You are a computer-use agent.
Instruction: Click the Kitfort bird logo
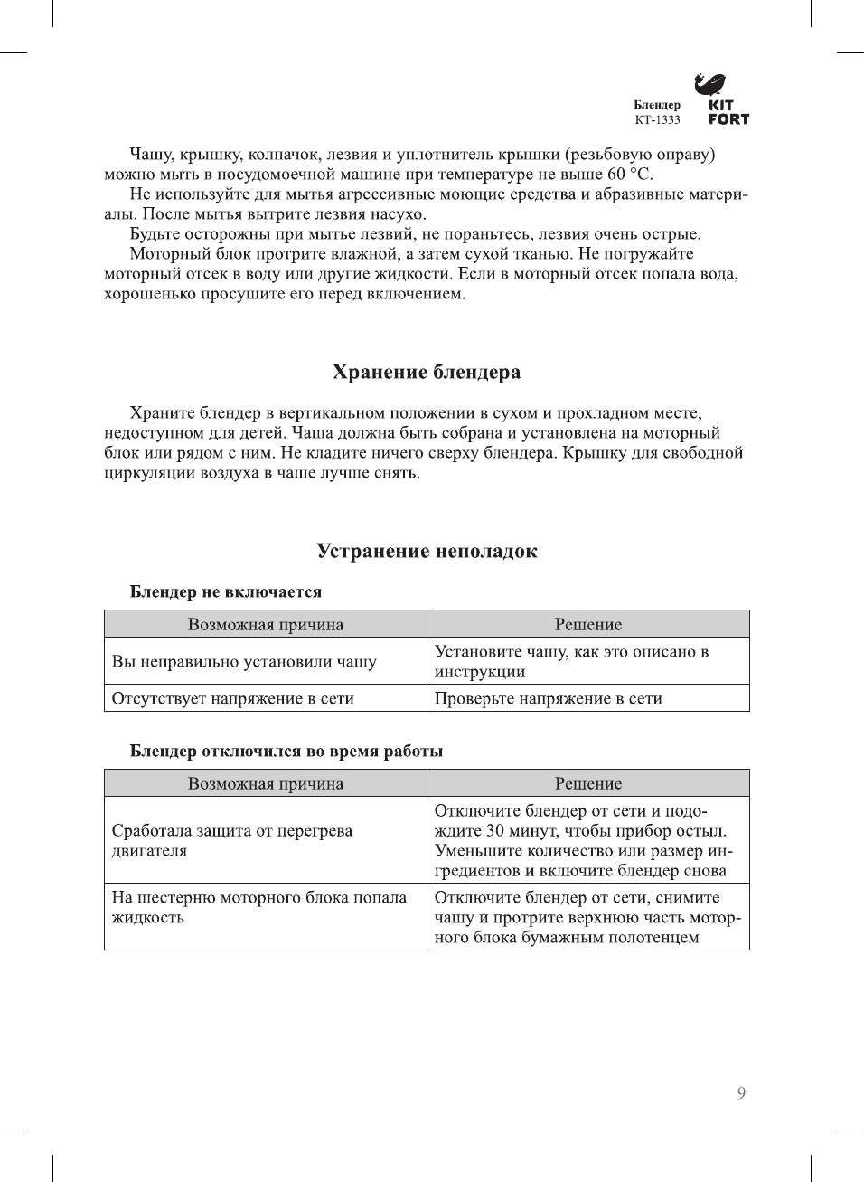709,84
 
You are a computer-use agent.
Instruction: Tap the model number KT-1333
657,119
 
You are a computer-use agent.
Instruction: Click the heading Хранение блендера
427,372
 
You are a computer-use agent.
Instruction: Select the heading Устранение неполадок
427,551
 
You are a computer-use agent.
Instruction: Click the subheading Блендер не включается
226,591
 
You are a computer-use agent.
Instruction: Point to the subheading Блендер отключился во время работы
286,751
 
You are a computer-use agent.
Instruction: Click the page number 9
741,1093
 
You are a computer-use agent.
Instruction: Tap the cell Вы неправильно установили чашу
244,661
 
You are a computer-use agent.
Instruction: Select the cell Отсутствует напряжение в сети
233,698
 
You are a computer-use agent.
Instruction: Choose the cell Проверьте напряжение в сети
549,698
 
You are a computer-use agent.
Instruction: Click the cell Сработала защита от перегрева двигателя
232,840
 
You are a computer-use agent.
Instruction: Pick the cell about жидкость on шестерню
259,907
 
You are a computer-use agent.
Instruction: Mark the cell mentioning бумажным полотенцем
587,917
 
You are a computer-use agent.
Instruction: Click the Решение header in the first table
588,624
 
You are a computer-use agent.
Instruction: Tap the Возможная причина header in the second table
266,783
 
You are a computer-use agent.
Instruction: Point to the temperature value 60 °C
629,174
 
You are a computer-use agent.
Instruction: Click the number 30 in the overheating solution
494,830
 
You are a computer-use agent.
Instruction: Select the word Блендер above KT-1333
657,105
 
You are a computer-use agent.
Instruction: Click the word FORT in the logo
728,118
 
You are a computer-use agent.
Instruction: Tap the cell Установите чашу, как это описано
571,661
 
